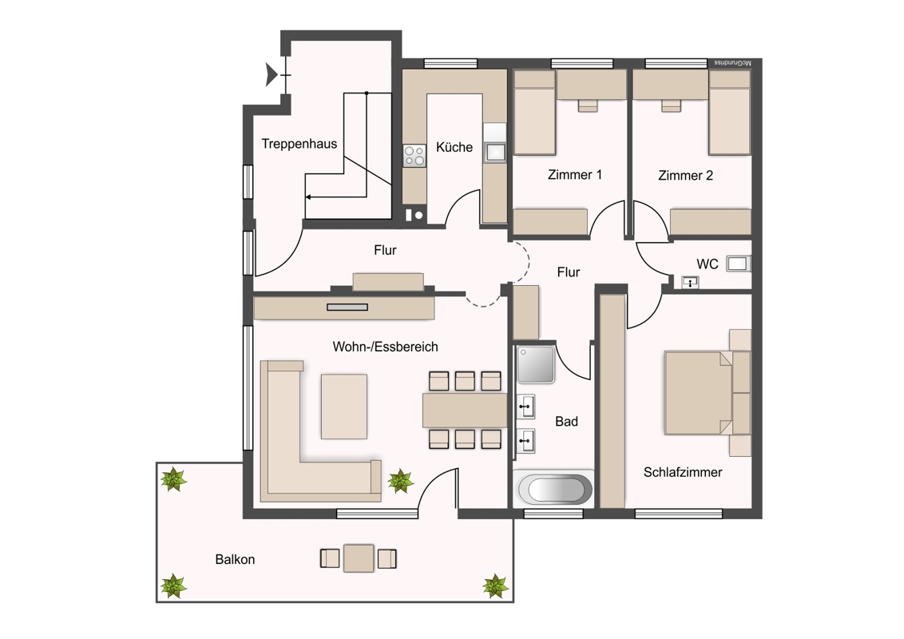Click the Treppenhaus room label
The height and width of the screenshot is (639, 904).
(299, 145)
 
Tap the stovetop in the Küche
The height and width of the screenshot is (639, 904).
(414, 156)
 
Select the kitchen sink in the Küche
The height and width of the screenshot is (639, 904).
(494, 152)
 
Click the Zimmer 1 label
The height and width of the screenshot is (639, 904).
(575, 175)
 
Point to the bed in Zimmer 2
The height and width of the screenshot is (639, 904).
(729, 113)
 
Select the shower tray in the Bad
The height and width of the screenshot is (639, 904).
(536, 364)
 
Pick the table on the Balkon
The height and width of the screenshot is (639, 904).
(359, 558)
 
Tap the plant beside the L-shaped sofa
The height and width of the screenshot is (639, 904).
(400, 480)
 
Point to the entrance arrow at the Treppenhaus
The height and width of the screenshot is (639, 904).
(272, 75)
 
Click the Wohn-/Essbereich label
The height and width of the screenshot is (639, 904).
(385, 347)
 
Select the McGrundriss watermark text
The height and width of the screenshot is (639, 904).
(733, 62)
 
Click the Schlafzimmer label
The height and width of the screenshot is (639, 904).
(683, 472)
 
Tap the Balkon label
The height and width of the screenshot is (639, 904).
(235, 559)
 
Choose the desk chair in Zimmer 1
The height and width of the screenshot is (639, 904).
(588, 105)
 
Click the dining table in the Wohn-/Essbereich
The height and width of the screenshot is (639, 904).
(465, 410)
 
